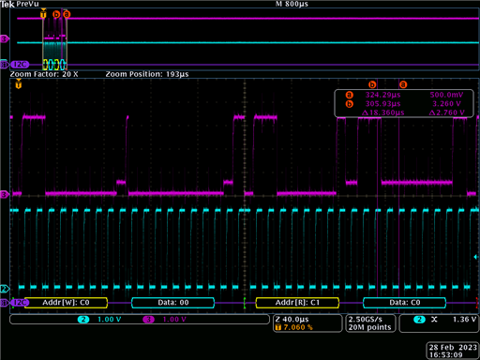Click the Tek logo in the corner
[x=7, y=5]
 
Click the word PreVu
[x=28, y=5]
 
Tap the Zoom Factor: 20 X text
[x=44, y=73]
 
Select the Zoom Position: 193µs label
[x=147, y=73]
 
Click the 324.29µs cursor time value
[x=382, y=94]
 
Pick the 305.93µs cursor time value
[x=382, y=103]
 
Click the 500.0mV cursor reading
[x=445, y=94]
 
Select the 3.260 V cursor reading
[x=445, y=103]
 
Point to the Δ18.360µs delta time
[x=380, y=112]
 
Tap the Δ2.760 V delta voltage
[x=444, y=112]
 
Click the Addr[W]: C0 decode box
[x=71, y=303]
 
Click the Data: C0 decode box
[x=405, y=303]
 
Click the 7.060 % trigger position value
[x=298, y=329]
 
